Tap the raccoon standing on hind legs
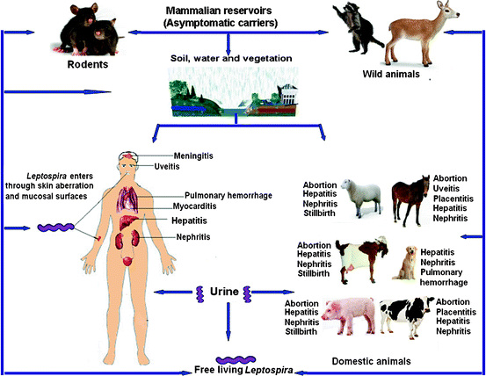[357, 28]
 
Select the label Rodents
[88, 64]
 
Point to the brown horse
[410, 199]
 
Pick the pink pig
[349, 316]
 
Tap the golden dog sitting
[404, 264]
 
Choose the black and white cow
[406, 316]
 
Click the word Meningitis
[193, 155]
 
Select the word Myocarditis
[194, 206]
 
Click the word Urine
[224, 292]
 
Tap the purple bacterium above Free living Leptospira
[236, 360]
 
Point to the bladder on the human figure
[127, 261]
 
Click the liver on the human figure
[128, 222]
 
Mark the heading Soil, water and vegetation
[231, 58]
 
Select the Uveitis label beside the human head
[167, 167]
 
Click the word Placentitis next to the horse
[453, 199]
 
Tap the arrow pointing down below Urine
[228, 322]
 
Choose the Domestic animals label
[372, 361]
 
